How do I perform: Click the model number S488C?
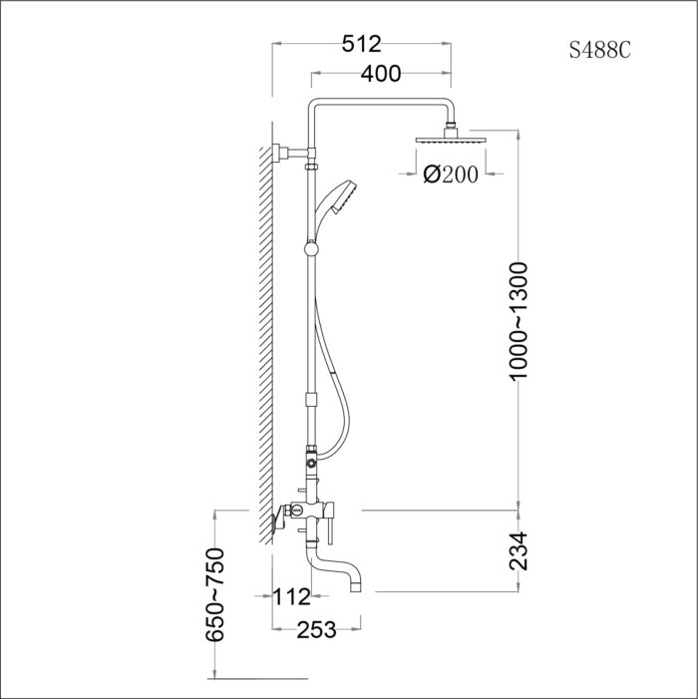click(x=599, y=51)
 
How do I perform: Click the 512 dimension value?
click(x=360, y=44)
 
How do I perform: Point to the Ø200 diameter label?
click(x=451, y=175)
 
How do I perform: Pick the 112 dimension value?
click(x=292, y=597)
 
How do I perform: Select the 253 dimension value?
click(x=314, y=628)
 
